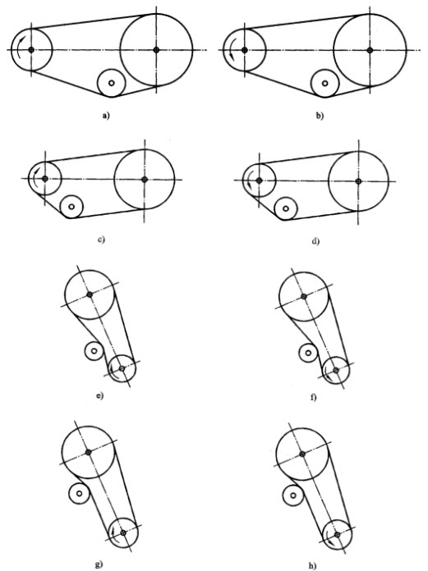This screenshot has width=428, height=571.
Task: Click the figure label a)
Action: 106,116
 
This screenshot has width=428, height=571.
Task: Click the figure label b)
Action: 320,116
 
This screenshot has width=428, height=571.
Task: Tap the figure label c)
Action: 101,240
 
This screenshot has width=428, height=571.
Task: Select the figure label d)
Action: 315,241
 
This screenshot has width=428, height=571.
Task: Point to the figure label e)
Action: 100,395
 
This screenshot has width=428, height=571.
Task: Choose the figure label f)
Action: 314,397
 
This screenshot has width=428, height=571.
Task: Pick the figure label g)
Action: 99,564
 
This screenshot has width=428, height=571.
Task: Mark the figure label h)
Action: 311,566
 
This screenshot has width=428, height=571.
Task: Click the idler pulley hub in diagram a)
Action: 112,83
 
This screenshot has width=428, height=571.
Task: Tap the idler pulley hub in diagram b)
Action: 324,84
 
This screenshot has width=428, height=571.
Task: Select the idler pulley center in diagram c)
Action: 71,207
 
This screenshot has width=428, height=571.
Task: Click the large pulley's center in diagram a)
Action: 156,50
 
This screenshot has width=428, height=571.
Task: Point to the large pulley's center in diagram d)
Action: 358,181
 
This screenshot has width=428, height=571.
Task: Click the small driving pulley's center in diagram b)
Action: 244,50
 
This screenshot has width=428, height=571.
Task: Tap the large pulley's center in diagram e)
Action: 90,295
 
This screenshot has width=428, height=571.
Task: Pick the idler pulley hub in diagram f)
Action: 308,353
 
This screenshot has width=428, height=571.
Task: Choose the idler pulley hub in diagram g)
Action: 80,493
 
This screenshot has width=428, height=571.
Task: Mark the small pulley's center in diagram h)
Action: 337,535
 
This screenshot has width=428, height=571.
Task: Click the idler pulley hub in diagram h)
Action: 293,496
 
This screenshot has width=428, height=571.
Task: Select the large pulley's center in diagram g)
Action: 88,452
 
